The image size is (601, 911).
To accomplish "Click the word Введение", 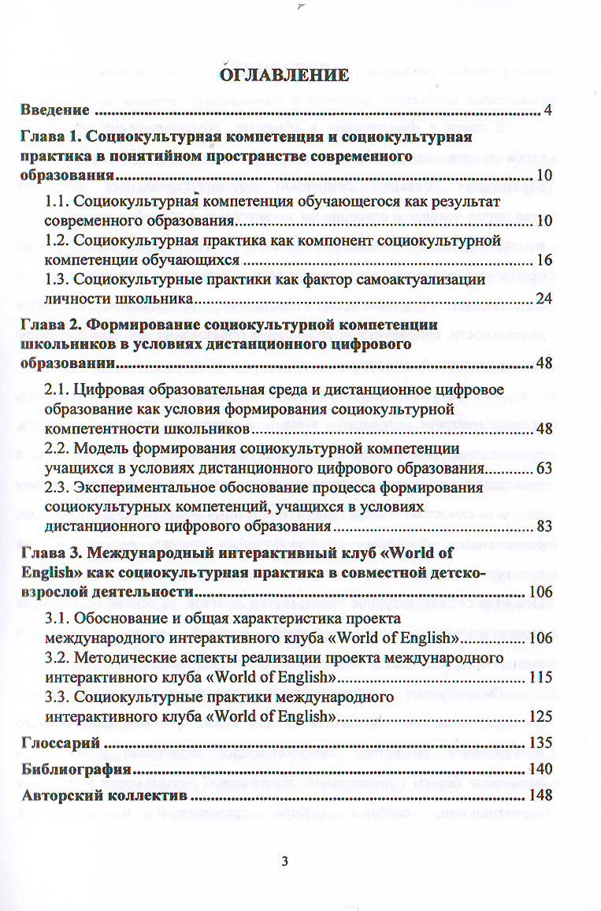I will click(x=54, y=110).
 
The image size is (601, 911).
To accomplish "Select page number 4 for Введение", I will click(x=547, y=110).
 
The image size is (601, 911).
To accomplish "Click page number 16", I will click(x=542, y=259).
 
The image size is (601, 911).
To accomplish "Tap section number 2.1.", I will click(x=61, y=390).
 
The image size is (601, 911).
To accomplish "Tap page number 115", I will click(x=540, y=676).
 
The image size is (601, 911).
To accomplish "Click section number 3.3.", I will click(x=61, y=697).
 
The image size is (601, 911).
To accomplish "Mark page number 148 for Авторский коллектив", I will click(x=540, y=795).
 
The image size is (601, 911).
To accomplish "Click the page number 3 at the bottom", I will click(x=284, y=861).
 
